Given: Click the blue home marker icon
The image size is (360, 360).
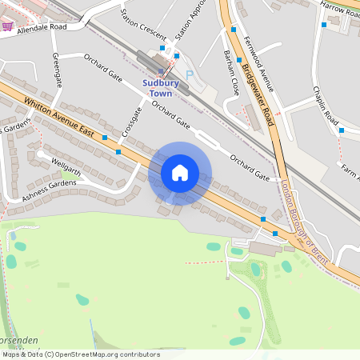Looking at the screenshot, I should pyautogui.click(x=180, y=173).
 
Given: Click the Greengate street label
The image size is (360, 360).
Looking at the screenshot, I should pyautogui.click(x=58, y=70).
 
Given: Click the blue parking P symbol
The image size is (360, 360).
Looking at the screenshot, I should pyautogui.click(x=190, y=74).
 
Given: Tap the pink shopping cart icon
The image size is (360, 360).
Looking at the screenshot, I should pyautogui.click(x=7, y=26).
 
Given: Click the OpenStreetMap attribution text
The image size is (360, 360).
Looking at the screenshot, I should pyautogui.click(x=80, y=354).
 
